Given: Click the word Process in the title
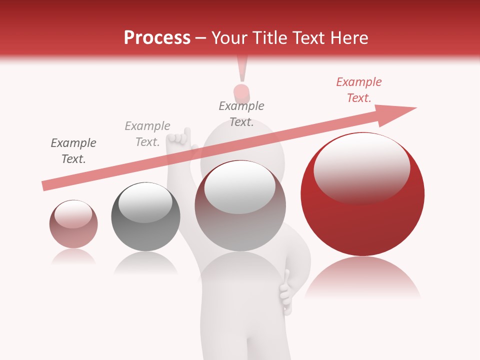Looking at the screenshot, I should [157, 38].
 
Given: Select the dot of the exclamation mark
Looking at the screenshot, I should [241, 92].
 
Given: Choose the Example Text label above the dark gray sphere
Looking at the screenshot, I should [147, 134].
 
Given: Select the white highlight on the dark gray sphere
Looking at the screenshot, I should [145, 205].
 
